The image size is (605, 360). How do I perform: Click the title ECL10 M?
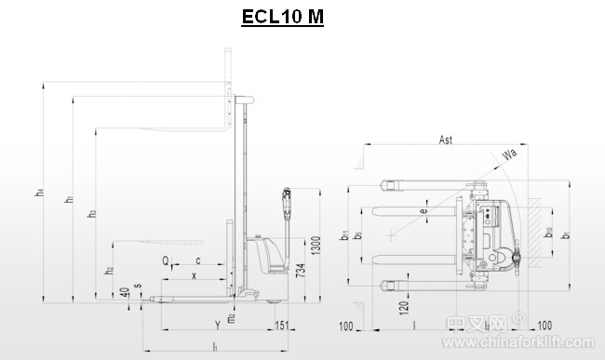coord(282,18)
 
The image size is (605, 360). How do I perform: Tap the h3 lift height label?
coord(91,214)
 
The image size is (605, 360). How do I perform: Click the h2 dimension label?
coord(110,270)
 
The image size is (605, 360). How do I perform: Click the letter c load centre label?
coord(197,260)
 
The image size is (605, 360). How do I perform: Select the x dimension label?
coord(194,275)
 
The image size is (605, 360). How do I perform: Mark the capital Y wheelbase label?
coord(217,325)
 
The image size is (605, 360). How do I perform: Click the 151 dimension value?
coord(282,325)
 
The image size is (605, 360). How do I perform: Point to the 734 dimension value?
coord(300,272)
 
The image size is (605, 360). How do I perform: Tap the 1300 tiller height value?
coord(317,247)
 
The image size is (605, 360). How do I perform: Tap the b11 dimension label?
coord(343,236)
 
